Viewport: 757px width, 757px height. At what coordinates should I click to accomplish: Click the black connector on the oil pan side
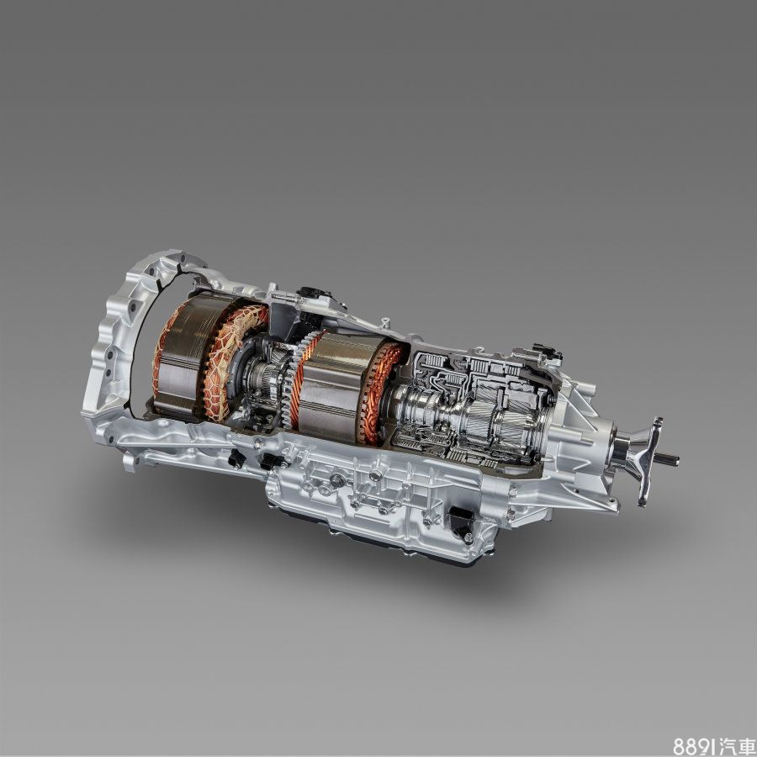[x=460, y=522]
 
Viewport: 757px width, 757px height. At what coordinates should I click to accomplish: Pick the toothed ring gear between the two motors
[x=290, y=383]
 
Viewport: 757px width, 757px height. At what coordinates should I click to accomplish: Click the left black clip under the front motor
[x=236, y=459]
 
